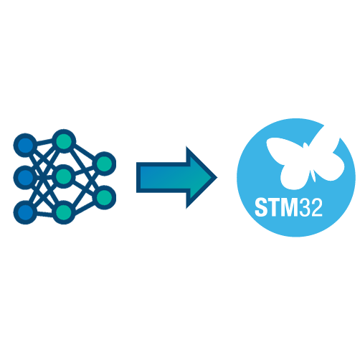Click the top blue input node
pyautogui.click(x=25, y=145)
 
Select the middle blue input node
pyautogui.click(x=25, y=177)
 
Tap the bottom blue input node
pyautogui.click(x=25, y=212)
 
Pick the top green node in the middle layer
pyautogui.click(x=64, y=141)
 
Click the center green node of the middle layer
pyautogui.click(x=64, y=176)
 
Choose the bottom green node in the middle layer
pyautogui.click(x=64, y=212)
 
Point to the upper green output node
pyautogui.click(x=105, y=164)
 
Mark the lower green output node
pyautogui.click(x=105, y=197)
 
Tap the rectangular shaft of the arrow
pyautogui.click(x=163, y=177)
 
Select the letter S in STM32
pyautogui.click(x=260, y=207)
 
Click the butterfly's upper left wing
pyautogui.click(x=285, y=150)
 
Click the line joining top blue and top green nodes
pyautogui.click(x=44, y=143)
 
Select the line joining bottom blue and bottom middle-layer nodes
pyautogui.click(x=44, y=212)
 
